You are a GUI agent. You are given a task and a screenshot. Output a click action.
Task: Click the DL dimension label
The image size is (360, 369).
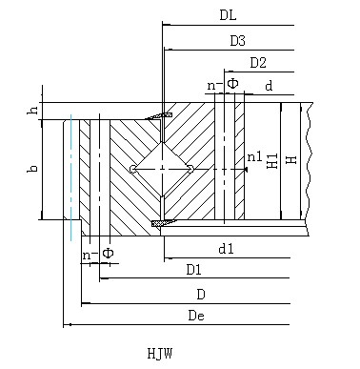228,15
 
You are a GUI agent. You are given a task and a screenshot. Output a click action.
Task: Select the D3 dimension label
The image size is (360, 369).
238,41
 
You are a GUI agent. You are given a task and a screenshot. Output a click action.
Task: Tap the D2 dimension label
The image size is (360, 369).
258,63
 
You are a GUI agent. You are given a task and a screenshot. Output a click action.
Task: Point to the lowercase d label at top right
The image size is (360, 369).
269,86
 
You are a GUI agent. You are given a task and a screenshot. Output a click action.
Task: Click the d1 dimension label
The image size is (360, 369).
227,249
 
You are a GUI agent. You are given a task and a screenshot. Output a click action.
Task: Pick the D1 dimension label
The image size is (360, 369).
193,270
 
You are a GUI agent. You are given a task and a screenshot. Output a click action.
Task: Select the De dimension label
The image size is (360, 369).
196,316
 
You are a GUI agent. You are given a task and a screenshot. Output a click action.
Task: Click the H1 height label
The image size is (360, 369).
272,161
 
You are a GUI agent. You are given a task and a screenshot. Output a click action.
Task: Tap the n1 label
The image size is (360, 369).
255,156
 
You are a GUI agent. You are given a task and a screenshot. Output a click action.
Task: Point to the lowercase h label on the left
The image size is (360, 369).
33,110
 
